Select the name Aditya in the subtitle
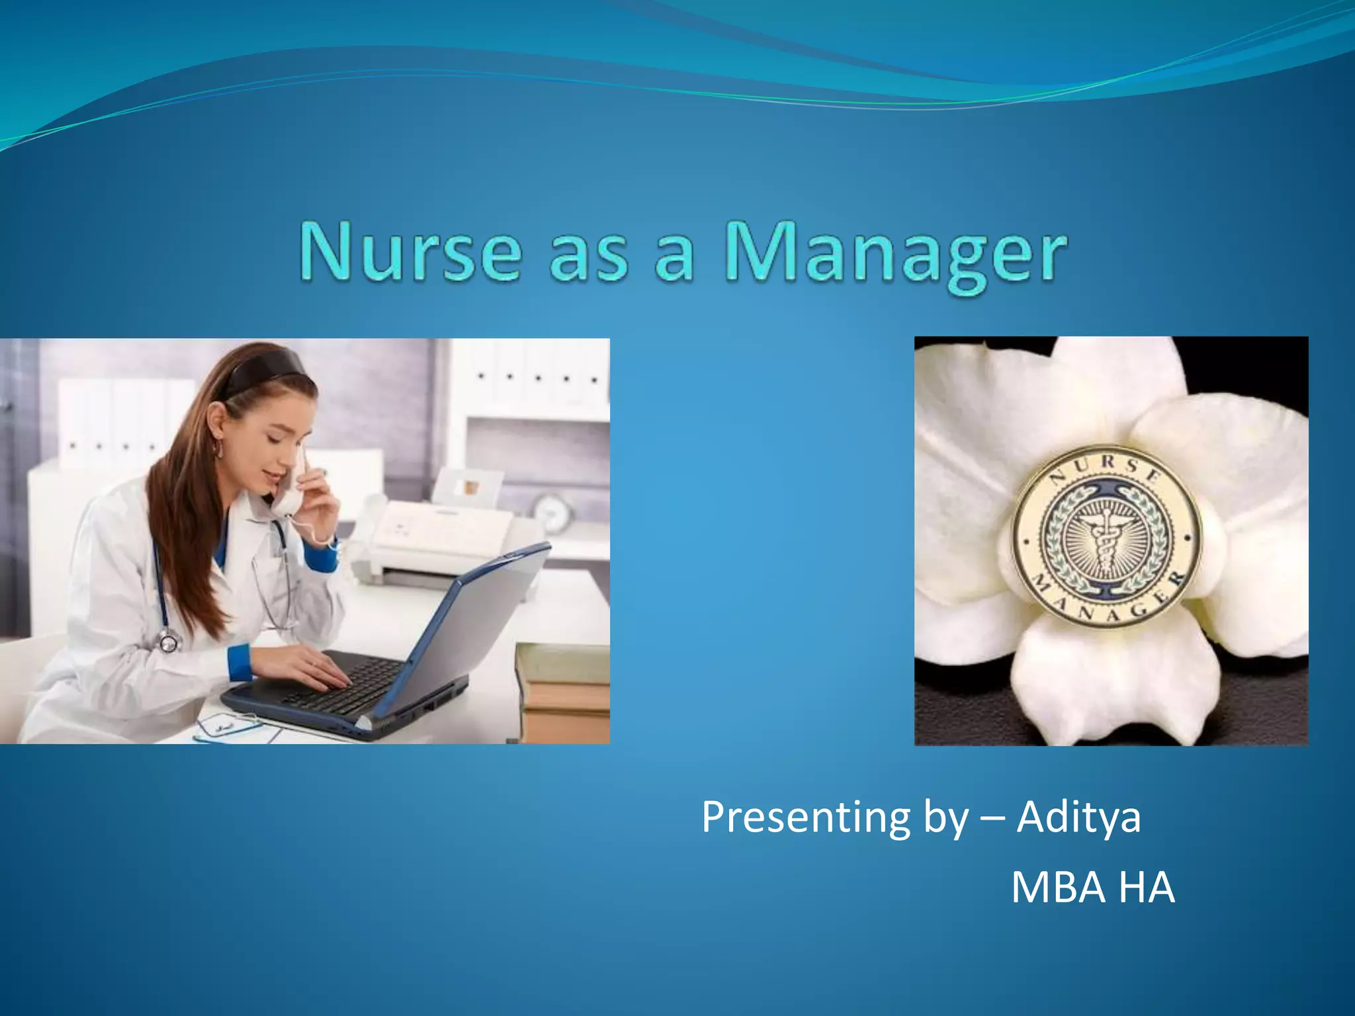click(x=1078, y=818)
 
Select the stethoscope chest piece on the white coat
click(x=168, y=640)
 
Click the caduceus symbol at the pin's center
click(x=1104, y=539)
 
